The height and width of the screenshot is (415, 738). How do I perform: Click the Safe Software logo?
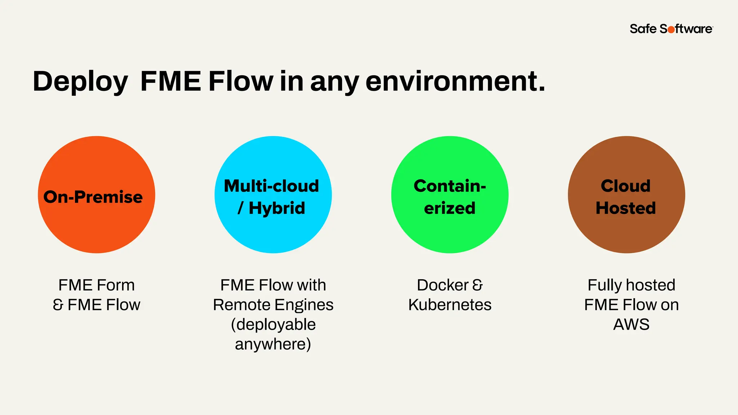coord(671,29)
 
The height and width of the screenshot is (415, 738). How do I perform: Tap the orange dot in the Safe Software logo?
coord(671,30)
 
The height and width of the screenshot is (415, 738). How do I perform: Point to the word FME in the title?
coord(170,81)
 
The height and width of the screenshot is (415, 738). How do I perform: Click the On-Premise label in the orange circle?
coord(93,197)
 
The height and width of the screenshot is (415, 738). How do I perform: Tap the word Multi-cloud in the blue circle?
coord(271,186)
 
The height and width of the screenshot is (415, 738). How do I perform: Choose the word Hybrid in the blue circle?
coord(277,208)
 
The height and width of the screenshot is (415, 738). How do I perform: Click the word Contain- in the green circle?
coord(450,186)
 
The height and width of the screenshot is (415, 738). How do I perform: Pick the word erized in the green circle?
coord(450,208)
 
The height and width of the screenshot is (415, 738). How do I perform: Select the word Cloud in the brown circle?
coord(626,186)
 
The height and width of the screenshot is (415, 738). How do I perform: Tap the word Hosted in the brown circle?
coord(626,208)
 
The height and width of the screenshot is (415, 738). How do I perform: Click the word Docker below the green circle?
coord(443,285)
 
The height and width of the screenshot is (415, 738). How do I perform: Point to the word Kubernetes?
coord(450,305)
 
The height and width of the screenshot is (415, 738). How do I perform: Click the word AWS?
coord(631,324)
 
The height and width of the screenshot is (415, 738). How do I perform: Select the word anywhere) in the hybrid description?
coord(273,344)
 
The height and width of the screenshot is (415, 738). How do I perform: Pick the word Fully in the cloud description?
coord(604,285)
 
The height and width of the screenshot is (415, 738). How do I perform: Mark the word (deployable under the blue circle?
coord(273,324)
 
